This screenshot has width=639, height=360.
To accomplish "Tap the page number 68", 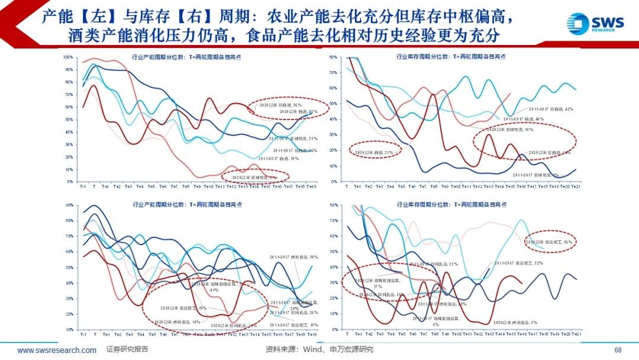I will coord(618,350).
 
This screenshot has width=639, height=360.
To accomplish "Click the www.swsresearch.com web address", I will coord(57,350).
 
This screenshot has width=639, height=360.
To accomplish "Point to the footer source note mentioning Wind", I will coord(319,350).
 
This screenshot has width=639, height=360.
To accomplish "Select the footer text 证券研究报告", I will coord(127,350).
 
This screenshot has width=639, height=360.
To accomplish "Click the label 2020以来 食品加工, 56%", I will coord(551,242).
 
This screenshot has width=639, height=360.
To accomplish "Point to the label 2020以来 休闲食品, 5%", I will coord(515,323).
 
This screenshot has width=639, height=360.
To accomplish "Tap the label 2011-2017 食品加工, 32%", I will coord(518,263).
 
